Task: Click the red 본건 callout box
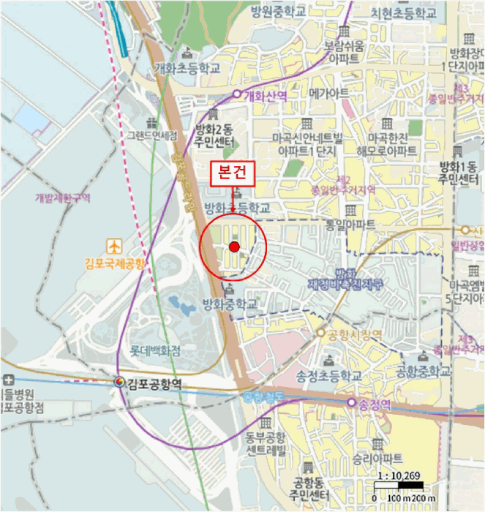tap(233, 173)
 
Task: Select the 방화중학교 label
tap(230, 303)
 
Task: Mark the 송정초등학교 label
tap(329, 375)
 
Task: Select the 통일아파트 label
tap(350, 224)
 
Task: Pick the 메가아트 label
tap(328, 94)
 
